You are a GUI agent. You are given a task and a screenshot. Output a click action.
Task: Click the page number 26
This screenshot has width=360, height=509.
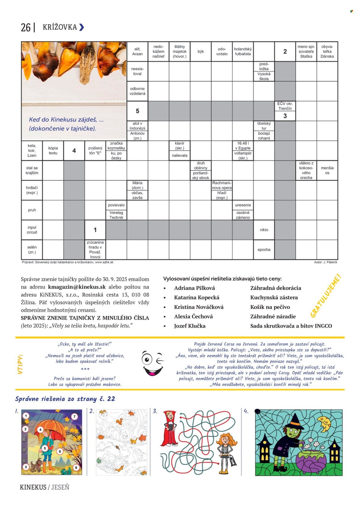pyautogui.click(x=26, y=27)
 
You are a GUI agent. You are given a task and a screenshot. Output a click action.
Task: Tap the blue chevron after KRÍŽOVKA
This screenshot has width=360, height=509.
pyautogui.click(x=82, y=27)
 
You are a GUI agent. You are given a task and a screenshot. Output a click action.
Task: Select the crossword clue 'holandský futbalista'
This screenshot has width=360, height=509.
pyautogui.click(x=242, y=52)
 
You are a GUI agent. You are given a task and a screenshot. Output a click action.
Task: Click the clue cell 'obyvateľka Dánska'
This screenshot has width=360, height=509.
pyautogui.click(x=327, y=52)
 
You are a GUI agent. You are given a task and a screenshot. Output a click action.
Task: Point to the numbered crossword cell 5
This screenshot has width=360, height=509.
pyautogui.click(x=137, y=111)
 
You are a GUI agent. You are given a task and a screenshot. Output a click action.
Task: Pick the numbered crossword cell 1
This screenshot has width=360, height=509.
pyautogui.click(x=95, y=230)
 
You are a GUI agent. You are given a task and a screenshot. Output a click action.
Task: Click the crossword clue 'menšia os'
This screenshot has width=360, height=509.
pyautogui.click(x=327, y=170)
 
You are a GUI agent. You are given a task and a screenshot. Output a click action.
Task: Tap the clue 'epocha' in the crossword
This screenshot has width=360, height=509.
pyautogui.click(x=264, y=250)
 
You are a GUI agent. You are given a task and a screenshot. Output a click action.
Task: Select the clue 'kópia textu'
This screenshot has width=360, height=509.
pyautogui.click(x=53, y=151)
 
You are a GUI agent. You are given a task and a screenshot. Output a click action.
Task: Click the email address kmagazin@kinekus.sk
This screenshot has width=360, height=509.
pyautogui.click(x=77, y=287)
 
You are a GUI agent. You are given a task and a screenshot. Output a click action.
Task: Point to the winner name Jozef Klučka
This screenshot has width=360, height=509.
pyautogui.click(x=190, y=326)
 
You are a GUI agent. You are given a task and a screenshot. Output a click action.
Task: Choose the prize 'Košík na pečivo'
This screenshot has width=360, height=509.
pyautogui.click(x=270, y=307)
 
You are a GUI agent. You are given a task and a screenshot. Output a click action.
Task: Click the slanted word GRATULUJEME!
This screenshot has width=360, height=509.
pyautogui.click(x=326, y=297)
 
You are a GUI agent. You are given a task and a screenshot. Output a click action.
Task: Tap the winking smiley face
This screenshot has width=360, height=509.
pyautogui.click(x=153, y=363)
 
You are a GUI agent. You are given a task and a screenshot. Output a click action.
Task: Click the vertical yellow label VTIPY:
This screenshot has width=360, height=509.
pyautogui.click(x=20, y=364)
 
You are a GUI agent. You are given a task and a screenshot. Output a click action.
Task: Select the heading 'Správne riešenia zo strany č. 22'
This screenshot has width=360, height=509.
pyautogui.click(x=65, y=399)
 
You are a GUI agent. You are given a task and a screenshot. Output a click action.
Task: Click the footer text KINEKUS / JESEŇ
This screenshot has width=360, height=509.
pyautogui.click(x=45, y=487)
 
